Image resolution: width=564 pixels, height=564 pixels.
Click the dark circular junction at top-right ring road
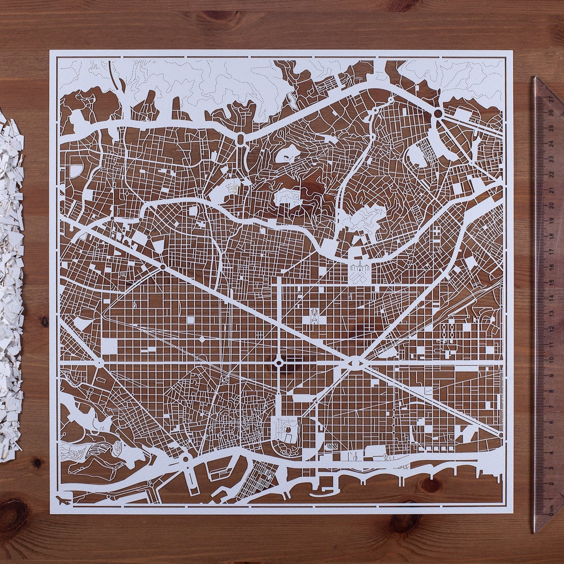click(x=438, y=113)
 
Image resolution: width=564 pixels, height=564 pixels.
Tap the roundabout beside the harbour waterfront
click(x=185, y=459)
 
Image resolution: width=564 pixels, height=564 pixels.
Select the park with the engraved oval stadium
click(x=286, y=430)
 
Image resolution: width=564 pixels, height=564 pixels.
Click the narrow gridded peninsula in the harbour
click(x=256, y=480)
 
